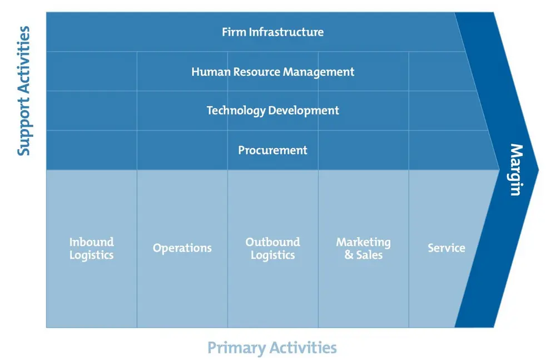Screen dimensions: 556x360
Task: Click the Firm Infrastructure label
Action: click(x=272, y=32)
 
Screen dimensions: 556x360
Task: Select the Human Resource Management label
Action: click(x=272, y=72)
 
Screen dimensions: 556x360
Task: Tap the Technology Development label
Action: click(x=272, y=111)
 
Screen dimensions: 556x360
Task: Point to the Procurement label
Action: click(x=272, y=150)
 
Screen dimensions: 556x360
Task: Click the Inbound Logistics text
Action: click(x=92, y=249)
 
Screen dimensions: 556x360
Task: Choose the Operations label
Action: click(x=182, y=248)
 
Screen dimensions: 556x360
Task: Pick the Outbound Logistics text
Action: click(x=272, y=249)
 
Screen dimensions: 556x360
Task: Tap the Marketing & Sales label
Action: click(x=364, y=249)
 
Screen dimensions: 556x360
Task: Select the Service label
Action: click(x=446, y=248)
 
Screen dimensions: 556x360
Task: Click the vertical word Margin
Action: click(x=517, y=170)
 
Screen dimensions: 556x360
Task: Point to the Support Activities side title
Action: click(x=24, y=91)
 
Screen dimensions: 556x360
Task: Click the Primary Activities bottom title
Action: click(x=272, y=348)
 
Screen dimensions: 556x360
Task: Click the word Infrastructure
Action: click(x=286, y=32)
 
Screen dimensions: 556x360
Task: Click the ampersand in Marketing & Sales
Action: click(x=349, y=255)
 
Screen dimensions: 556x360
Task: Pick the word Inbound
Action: click(x=92, y=242)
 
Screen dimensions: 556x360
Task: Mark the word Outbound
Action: click(x=272, y=242)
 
